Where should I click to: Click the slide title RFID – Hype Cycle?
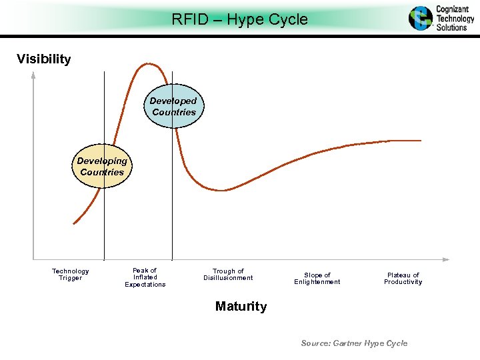[239, 19]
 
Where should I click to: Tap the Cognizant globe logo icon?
[421, 18]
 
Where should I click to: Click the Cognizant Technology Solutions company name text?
[455, 19]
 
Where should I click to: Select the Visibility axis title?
[44, 59]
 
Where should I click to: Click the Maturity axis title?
[241, 307]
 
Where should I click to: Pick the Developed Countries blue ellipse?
[174, 107]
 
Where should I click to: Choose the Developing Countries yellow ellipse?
[102, 167]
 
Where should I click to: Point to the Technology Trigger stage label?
[71, 275]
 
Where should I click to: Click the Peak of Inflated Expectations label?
[145, 277]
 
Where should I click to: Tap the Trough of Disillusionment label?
[228, 275]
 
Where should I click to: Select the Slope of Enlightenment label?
[317, 279]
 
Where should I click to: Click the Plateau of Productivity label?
[403, 279]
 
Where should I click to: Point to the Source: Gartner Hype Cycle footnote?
[354, 343]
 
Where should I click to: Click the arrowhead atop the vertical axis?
[33, 75]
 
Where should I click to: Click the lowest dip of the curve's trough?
[223, 190]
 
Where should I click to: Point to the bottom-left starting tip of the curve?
[74, 222]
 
